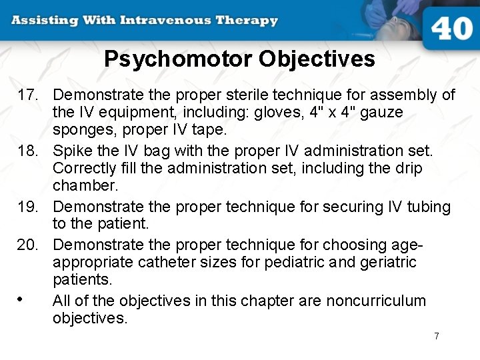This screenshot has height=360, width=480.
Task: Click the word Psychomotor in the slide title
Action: point(178,59)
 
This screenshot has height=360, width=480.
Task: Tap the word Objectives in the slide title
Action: point(317,59)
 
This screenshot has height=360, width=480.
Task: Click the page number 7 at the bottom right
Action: point(437,336)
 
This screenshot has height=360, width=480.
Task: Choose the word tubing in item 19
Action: point(427,207)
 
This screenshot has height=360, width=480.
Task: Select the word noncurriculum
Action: point(376,301)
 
